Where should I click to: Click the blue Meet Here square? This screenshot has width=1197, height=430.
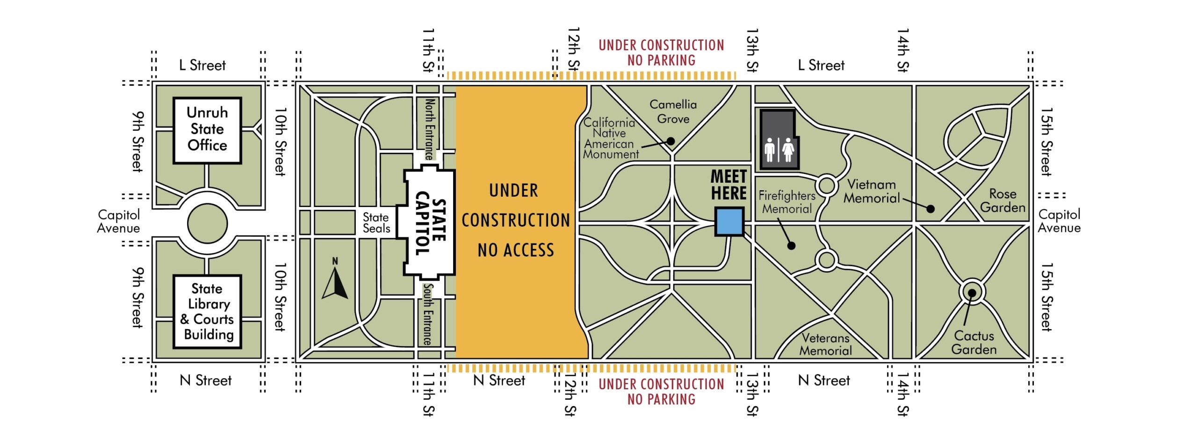click(729, 222)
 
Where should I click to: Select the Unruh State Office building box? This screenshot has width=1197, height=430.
click(207, 130)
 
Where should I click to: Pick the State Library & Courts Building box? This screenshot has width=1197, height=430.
click(208, 312)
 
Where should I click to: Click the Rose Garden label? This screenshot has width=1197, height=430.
click(1002, 201)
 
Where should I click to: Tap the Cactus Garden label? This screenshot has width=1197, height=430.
click(974, 343)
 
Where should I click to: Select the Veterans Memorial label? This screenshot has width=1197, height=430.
click(825, 344)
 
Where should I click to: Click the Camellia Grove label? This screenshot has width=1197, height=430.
click(673, 112)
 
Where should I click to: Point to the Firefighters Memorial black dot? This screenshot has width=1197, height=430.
click(791, 245)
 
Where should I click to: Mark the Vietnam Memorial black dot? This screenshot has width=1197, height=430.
click(930, 209)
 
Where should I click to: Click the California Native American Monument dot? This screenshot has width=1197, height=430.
click(671, 141)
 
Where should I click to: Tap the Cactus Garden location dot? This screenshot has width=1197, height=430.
click(972, 293)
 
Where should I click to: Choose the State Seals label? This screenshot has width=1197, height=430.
click(376, 223)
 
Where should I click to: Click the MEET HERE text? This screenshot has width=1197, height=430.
click(728, 185)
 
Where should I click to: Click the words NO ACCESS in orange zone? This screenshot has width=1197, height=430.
click(516, 250)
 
